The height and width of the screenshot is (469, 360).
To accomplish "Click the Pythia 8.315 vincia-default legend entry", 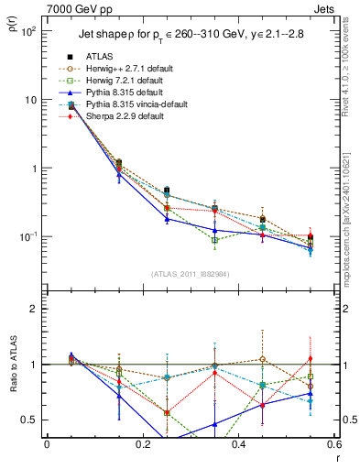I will pyautogui.click(x=136, y=104).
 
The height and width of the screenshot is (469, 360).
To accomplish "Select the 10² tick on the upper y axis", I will pyautogui.click(x=30, y=31).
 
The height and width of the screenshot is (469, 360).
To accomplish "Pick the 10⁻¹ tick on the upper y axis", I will pyautogui.click(x=30, y=237).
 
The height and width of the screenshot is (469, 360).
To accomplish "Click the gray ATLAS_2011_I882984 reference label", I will pyautogui.click(x=191, y=274).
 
